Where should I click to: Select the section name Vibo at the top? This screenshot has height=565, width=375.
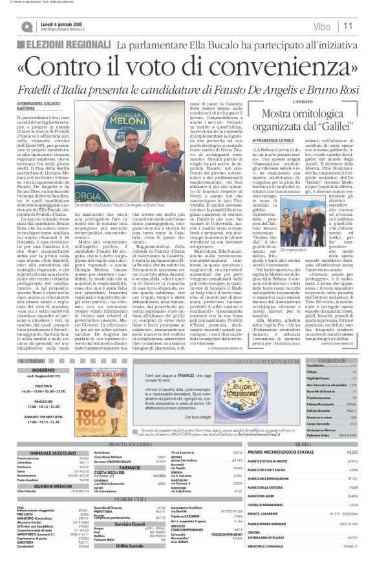pyautogui.click(x=321, y=27)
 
